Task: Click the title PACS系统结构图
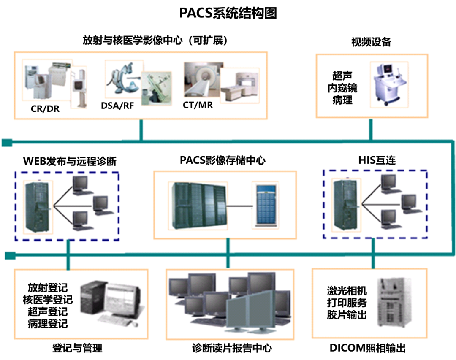pyautogui.click(x=228, y=13)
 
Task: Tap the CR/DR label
pyautogui.click(x=45, y=109)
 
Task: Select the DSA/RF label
pyautogui.click(x=117, y=106)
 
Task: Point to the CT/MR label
pyautogui.click(x=198, y=105)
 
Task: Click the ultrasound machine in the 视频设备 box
pyautogui.click(x=388, y=84)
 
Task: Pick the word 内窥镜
pyautogui.click(x=342, y=88)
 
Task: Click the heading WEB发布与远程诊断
pyautogui.click(x=70, y=161)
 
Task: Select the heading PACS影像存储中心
pyautogui.click(x=223, y=160)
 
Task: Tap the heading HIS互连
pyautogui.click(x=377, y=160)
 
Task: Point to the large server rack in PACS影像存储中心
pyautogui.click(x=199, y=206)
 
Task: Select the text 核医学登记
pyautogui.click(x=48, y=300)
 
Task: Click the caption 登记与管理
pyautogui.click(x=77, y=348)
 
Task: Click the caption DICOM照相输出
pyautogui.click(x=367, y=348)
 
